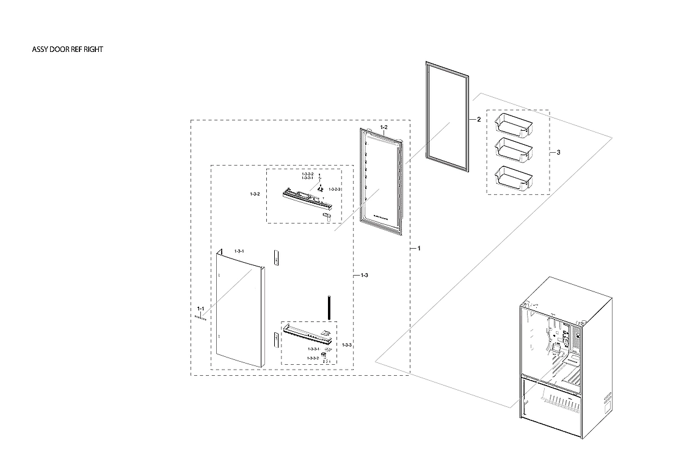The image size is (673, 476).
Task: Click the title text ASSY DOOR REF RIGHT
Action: (x=67, y=49)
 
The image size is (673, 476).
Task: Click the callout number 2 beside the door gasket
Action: (x=479, y=120)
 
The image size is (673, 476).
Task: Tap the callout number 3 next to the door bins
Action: (x=559, y=152)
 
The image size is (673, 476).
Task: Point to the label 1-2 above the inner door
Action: (x=384, y=128)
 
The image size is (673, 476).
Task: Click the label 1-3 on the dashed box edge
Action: (x=363, y=276)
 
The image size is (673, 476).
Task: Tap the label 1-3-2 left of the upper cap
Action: (x=255, y=194)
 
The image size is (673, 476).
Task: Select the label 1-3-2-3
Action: (x=335, y=190)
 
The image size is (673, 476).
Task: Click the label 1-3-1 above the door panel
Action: (x=239, y=252)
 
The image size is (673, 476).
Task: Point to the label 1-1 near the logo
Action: (x=200, y=309)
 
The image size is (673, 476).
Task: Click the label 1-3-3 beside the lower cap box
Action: (x=347, y=345)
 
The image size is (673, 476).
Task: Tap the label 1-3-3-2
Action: (x=313, y=357)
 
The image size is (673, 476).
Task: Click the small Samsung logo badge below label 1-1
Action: (x=201, y=317)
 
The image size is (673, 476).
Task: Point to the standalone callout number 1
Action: (x=418, y=249)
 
